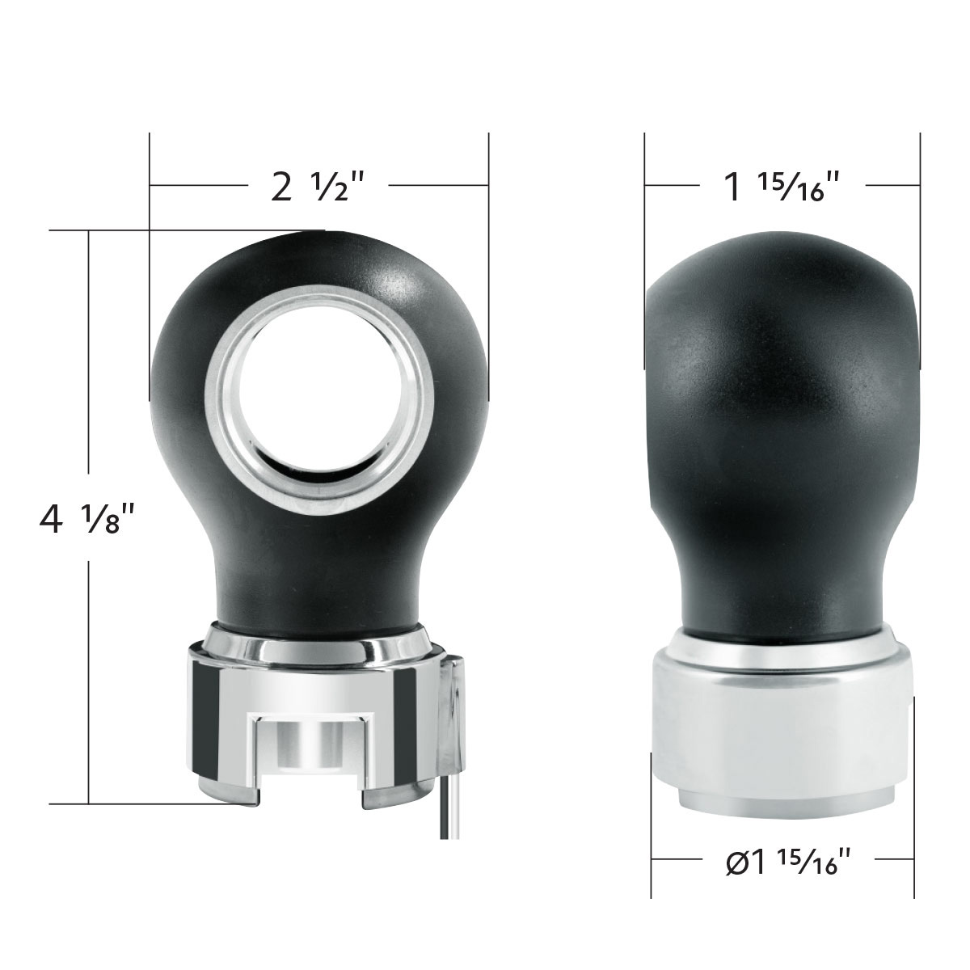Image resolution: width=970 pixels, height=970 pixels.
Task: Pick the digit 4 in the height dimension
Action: pyautogui.click(x=50, y=519)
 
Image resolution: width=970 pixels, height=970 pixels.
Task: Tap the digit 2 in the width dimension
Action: pyautogui.click(x=280, y=188)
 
